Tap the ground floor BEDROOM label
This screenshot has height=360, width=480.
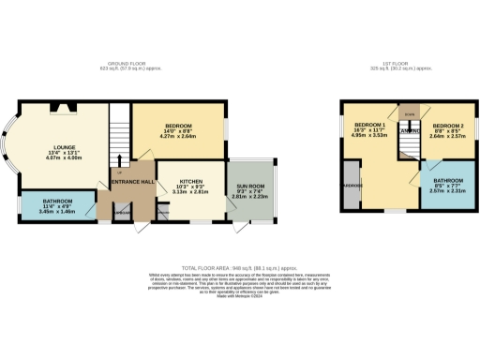(x=178, y=127)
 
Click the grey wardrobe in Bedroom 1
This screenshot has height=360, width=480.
(x=350, y=187)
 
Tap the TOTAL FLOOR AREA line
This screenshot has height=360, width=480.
(x=239, y=267)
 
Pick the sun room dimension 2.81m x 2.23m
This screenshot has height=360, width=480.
(x=250, y=198)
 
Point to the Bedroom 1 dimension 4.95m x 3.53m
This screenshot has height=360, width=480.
(x=369, y=137)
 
